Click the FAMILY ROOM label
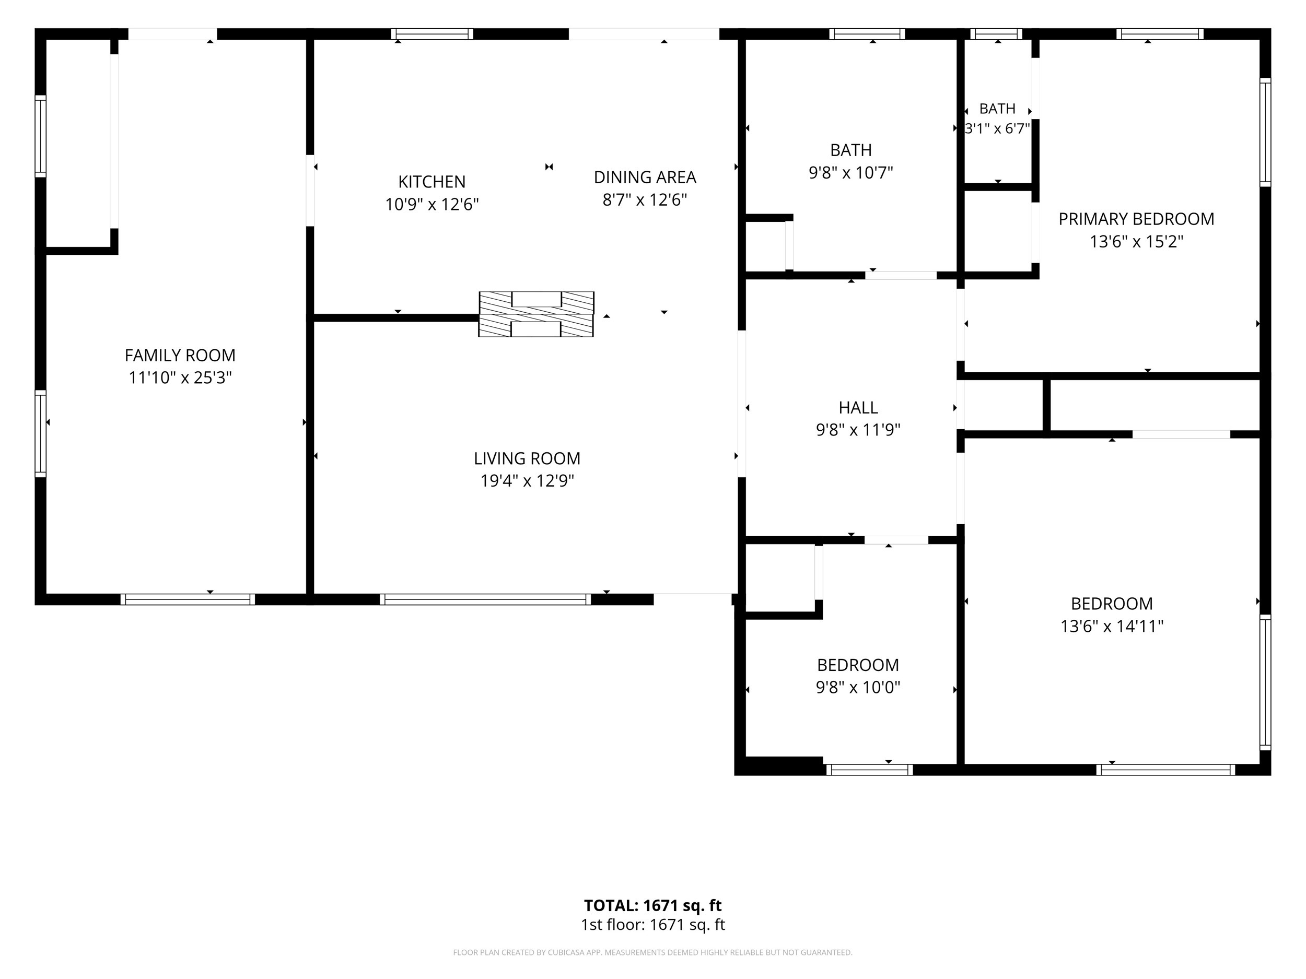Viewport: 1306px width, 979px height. pyautogui.click(x=180, y=355)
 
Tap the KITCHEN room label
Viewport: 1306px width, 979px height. pyautogui.click(x=432, y=182)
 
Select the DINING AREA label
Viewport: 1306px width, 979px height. pyautogui.click(x=645, y=177)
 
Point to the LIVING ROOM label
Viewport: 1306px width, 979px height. pyautogui.click(x=527, y=458)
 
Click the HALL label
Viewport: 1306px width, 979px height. pyautogui.click(x=858, y=408)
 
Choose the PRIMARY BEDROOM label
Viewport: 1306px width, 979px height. pyautogui.click(x=1136, y=219)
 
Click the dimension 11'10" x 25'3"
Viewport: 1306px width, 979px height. pyautogui.click(x=180, y=378)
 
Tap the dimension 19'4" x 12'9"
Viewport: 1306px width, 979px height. pyautogui.click(x=527, y=481)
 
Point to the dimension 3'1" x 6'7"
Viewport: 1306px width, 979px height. pyautogui.click(x=997, y=128)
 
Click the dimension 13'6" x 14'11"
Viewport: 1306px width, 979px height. pyautogui.click(x=1112, y=626)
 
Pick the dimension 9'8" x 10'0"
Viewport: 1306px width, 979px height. pyautogui.click(x=858, y=688)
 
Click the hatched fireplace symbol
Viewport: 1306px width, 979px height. pyautogui.click(x=536, y=314)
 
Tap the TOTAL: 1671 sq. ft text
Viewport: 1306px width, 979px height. pyautogui.click(x=652, y=905)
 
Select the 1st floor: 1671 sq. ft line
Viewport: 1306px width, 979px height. pyautogui.click(x=652, y=925)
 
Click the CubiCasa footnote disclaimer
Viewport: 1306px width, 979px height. pyautogui.click(x=652, y=952)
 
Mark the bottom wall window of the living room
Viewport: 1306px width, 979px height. pyautogui.click(x=485, y=599)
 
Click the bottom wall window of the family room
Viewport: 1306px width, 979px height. pyautogui.click(x=188, y=599)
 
